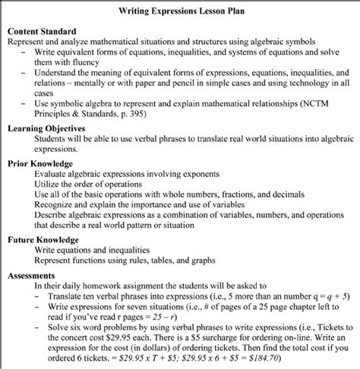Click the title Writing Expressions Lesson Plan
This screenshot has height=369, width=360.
click(180, 11)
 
